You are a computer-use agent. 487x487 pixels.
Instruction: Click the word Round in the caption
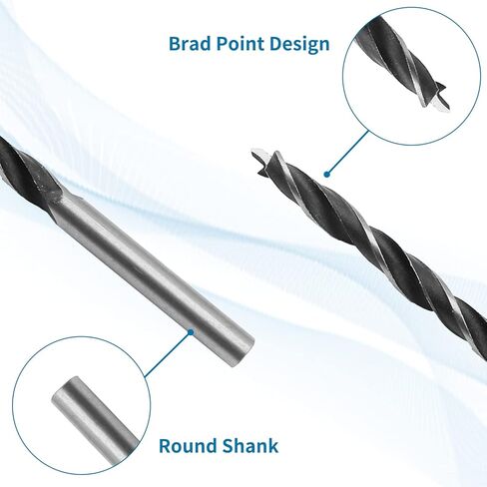click(x=188, y=446)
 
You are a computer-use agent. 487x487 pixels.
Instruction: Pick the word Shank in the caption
click(x=250, y=446)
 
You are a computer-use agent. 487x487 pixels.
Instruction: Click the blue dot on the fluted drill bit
click(x=327, y=174)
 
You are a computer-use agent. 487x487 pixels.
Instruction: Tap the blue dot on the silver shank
click(x=191, y=332)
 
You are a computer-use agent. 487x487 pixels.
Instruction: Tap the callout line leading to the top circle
click(x=348, y=152)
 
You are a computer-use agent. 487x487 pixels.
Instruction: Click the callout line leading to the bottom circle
click(x=168, y=355)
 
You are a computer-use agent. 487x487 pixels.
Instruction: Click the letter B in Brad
click(x=175, y=44)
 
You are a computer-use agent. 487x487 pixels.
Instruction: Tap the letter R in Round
click(x=165, y=446)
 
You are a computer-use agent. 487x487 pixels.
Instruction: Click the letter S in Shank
click(x=228, y=446)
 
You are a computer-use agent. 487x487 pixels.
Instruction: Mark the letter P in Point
click(x=223, y=44)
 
